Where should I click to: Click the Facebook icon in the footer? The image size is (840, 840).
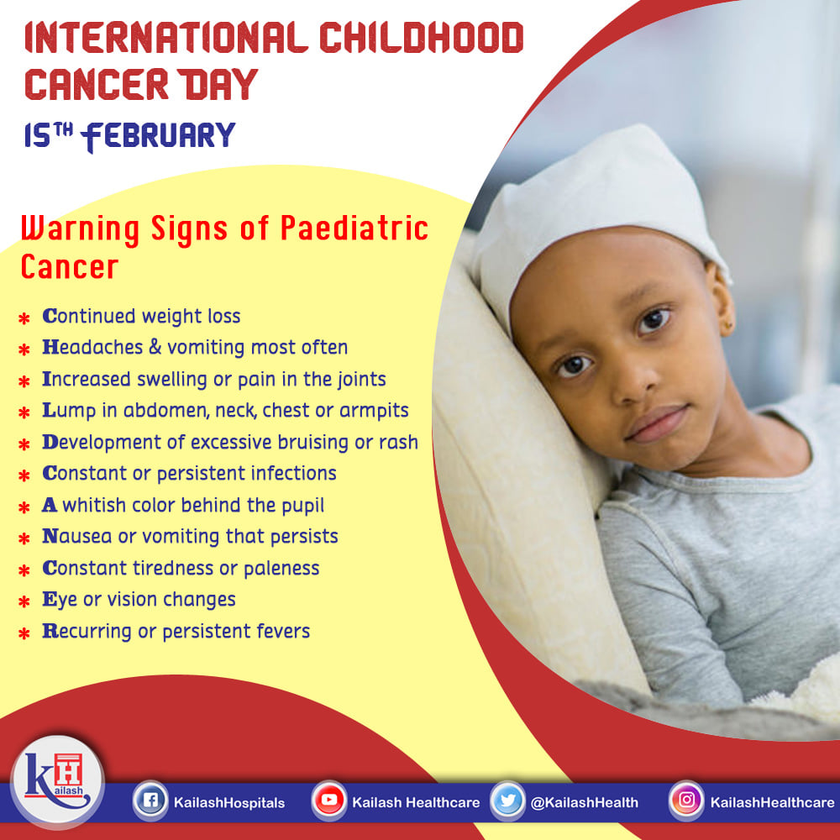click(150, 801)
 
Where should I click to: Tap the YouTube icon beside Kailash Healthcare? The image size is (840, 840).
click(329, 801)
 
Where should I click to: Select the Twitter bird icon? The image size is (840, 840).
click(507, 801)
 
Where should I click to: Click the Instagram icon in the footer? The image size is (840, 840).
click(686, 801)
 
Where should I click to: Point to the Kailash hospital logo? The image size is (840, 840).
click(57, 781)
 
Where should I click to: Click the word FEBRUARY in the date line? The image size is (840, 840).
click(159, 136)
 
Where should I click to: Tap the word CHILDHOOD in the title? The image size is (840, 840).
click(421, 38)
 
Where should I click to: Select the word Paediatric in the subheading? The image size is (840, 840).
click(354, 228)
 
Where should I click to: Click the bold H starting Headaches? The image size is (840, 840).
click(50, 347)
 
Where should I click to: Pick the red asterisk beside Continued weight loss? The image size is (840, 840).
click(24, 318)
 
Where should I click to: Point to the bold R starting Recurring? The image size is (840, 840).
click(50, 631)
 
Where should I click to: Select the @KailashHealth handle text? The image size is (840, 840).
click(585, 802)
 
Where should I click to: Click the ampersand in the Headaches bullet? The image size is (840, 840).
click(155, 347)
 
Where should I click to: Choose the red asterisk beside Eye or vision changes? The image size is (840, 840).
click(24, 602)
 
